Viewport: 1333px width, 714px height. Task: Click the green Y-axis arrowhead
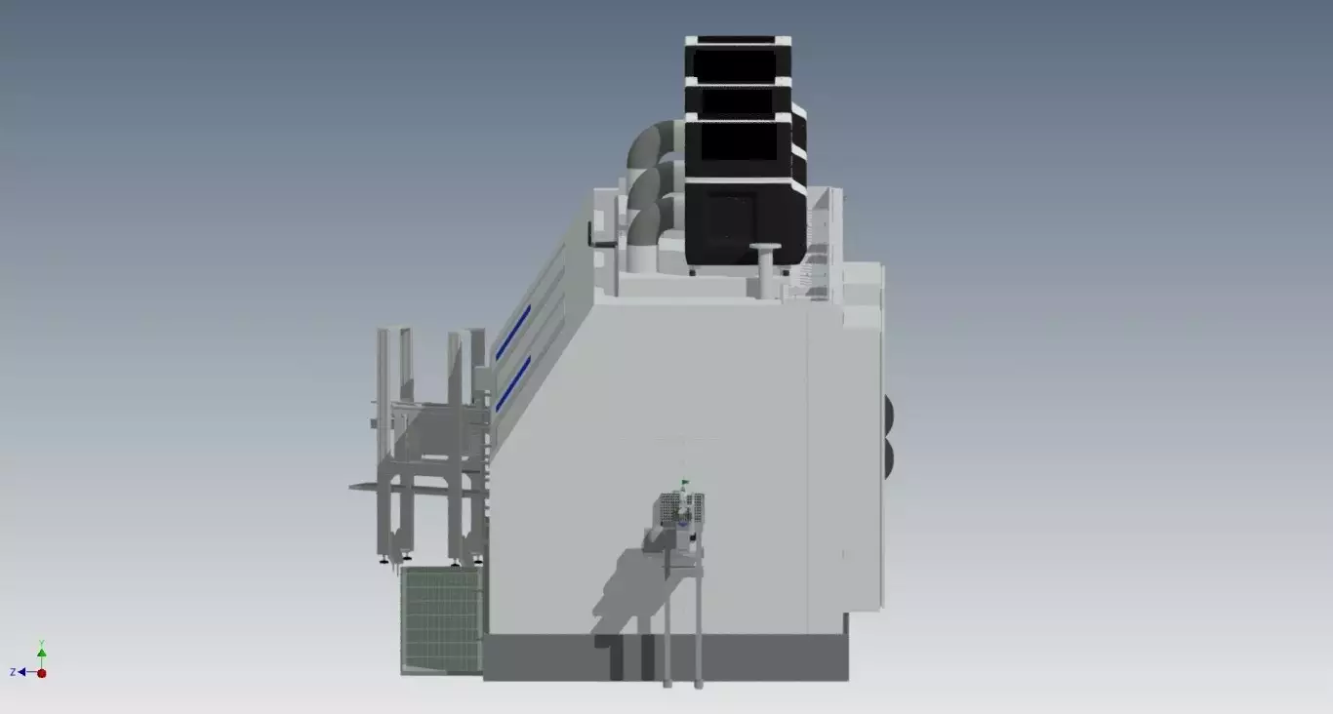coord(42,653)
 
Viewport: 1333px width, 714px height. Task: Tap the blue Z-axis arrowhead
coord(21,672)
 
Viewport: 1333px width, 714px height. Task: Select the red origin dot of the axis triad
coord(42,673)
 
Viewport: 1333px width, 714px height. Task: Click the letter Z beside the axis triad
coord(13,672)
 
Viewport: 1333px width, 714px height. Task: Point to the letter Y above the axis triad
coord(42,643)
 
